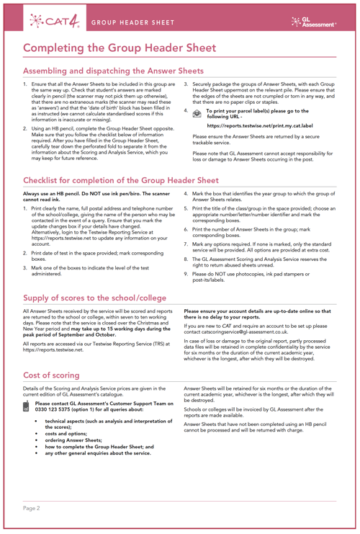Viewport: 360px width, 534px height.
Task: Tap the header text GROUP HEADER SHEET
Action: [x=132, y=22]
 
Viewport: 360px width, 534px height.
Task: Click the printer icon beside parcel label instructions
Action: [x=197, y=113]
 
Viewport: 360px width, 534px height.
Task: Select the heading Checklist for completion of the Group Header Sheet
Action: [x=121, y=179]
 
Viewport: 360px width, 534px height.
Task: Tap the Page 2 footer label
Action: [x=32, y=508]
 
